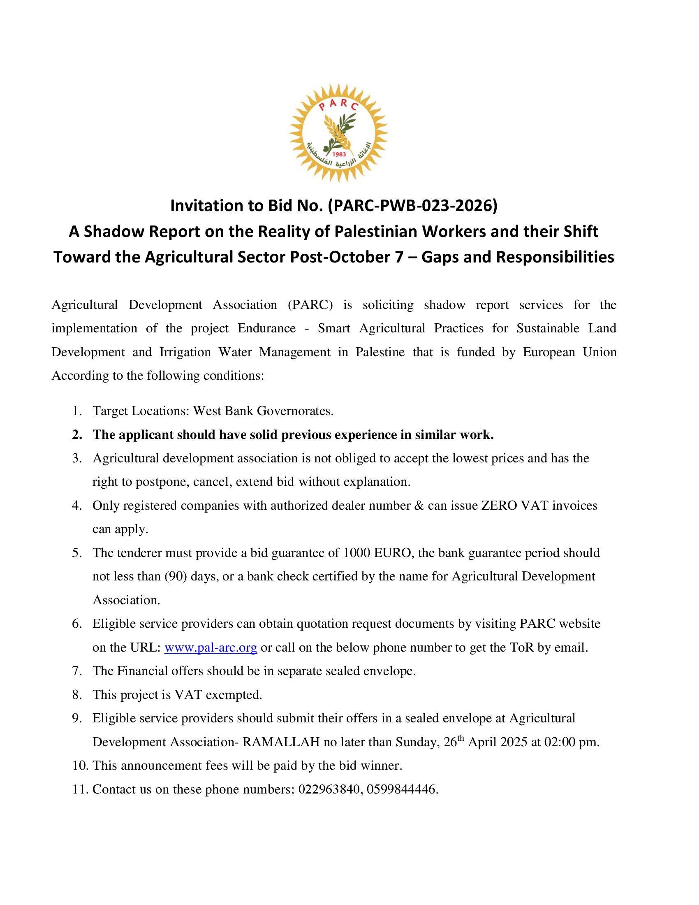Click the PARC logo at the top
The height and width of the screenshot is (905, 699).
click(338, 132)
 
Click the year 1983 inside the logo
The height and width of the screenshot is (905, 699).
click(339, 155)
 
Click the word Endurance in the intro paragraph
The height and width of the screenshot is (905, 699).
click(266, 328)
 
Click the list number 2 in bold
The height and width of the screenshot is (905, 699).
click(76, 435)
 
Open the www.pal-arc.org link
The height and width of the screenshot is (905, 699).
click(211, 647)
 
